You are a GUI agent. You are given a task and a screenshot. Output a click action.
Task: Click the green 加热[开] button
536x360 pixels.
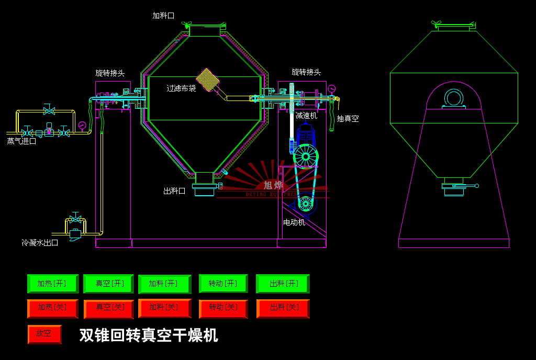(52, 284)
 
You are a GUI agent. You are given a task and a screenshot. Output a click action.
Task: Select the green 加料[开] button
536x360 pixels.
(164, 284)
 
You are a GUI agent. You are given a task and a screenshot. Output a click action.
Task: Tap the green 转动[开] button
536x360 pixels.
(223, 284)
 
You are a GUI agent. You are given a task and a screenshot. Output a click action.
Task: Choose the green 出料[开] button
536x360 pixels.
(283, 284)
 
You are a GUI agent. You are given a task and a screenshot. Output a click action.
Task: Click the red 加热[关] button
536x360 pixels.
(52, 308)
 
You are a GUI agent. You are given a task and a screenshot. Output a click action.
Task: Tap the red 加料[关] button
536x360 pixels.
(164, 308)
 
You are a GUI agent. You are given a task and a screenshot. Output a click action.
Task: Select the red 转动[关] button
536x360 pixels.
(223, 308)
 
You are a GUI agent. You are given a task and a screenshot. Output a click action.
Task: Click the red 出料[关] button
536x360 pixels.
(283, 308)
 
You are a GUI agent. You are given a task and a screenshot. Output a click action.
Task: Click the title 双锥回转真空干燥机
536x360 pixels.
(149, 335)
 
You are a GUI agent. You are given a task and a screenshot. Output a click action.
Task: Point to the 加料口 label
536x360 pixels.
(163, 16)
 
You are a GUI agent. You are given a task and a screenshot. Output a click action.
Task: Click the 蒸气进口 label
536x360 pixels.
(21, 141)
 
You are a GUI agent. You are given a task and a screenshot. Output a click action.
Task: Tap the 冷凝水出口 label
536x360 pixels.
(40, 243)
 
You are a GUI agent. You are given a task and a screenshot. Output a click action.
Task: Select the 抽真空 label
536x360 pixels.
(348, 119)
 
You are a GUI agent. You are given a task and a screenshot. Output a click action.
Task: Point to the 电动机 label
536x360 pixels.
(294, 222)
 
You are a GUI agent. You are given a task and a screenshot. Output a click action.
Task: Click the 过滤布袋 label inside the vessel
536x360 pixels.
(181, 88)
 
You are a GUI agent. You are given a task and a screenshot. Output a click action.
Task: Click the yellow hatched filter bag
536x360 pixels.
(207, 80)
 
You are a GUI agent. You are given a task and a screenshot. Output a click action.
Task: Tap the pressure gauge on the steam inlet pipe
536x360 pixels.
(82, 126)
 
